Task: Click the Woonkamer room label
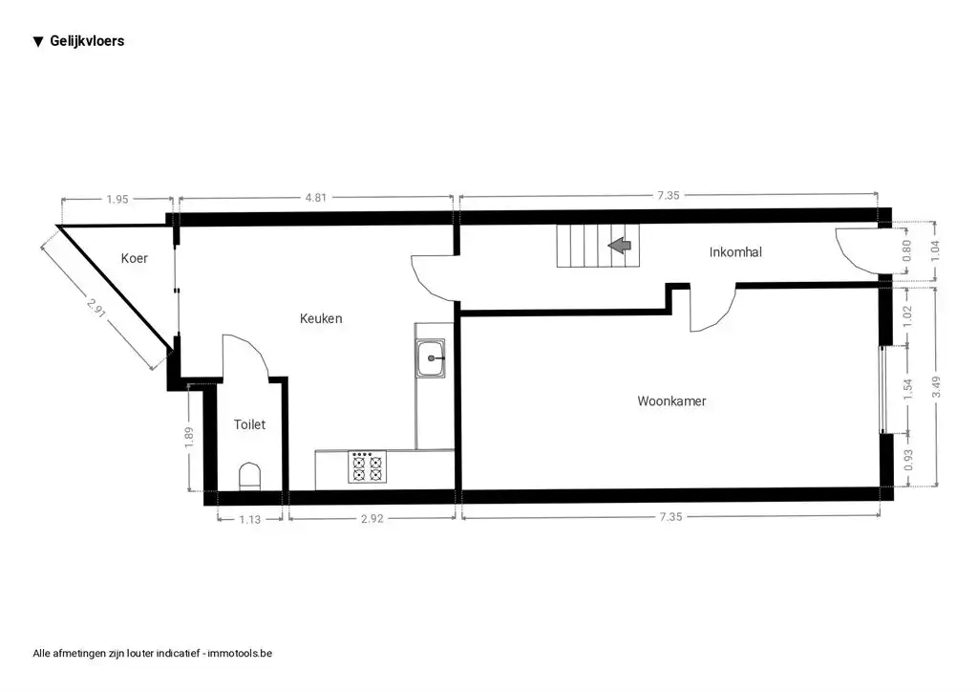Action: pyautogui.click(x=671, y=401)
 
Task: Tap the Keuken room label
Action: pyautogui.click(x=321, y=318)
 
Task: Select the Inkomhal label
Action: pyautogui.click(x=735, y=252)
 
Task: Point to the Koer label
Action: pyautogui.click(x=135, y=258)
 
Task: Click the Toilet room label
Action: pyautogui.click(x=249, y=424)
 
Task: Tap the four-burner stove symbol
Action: pyautogui.click(x=367, y=467)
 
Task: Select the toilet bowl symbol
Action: pyautogui.click(x=250, y=475)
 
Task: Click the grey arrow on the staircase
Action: pyautogui.click(x=620, y=247)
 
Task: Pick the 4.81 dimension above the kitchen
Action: pyautogui.click(x=316, y=198)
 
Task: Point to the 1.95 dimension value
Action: pyautogui.click(x=117, y=199)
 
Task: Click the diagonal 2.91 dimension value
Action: pyautogui.click(x=95, y=307)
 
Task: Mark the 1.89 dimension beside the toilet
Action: pyautogui.click(x=190, y=436)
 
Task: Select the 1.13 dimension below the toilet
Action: pyautogui.click(x=250, y=519)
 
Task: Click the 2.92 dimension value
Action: pyautogui.click(x=372, y=519)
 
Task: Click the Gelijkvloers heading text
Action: pyautogui.click(x=87, y=41)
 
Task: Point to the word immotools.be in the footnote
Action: pyautogui.click(x=240, y=654)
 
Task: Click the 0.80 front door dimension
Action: pyautogui.click(x=908, y=249)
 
